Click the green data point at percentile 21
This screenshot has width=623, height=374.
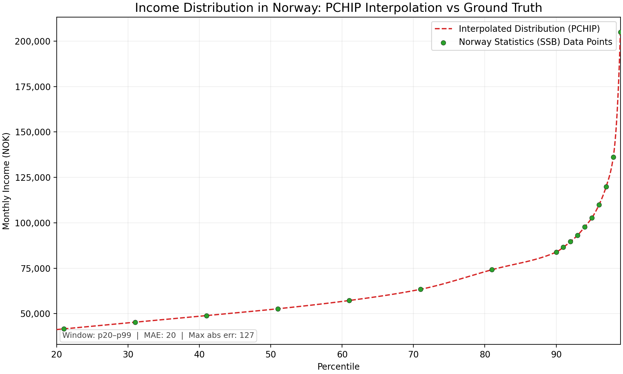click(64, 329)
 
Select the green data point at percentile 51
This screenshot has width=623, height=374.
click(278, 309)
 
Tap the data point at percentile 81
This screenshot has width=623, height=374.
click(492, 270)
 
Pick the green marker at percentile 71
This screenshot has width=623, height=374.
click(421, 289)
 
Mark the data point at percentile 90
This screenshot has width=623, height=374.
click(556, 252)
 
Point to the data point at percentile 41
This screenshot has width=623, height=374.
click(207, 316)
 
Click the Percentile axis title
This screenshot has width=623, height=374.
click(338, 367)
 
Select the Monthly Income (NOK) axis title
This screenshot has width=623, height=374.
click(7, 181)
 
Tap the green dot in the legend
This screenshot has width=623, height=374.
click(443, 43)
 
